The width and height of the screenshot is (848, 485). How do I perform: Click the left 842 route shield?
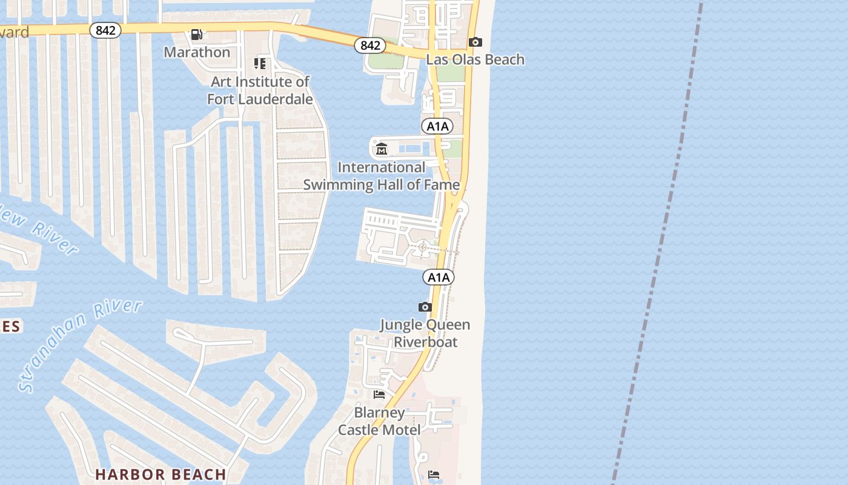point(105,30)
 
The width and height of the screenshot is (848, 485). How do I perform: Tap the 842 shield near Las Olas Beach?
point(370,45)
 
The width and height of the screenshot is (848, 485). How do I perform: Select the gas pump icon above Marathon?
point(197,35)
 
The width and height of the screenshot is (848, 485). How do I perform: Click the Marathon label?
point(197,52)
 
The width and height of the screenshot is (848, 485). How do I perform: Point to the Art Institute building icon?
point(260,63)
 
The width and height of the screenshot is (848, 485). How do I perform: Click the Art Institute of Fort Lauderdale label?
point(260,90)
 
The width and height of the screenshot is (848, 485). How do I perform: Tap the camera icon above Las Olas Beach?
point(475,42)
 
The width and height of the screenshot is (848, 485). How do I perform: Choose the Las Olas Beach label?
point(475,59)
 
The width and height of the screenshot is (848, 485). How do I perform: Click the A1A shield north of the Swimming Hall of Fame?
point(437,126)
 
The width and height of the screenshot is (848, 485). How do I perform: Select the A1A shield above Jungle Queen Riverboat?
point(438,278)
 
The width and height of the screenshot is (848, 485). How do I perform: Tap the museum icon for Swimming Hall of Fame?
point(382,149)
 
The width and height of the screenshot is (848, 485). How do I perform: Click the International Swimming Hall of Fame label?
point(382,176)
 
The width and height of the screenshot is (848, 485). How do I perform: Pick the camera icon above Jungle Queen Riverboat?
point(425,307)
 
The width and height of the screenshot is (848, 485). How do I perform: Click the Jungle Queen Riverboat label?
point(425,333)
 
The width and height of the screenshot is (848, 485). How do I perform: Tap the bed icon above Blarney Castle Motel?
point(379,395)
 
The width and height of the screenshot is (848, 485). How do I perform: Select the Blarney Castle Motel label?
point(379,421)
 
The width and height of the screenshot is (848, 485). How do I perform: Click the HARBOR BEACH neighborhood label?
point(161,474)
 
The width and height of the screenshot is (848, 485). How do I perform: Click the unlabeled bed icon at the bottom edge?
point(434,474)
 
